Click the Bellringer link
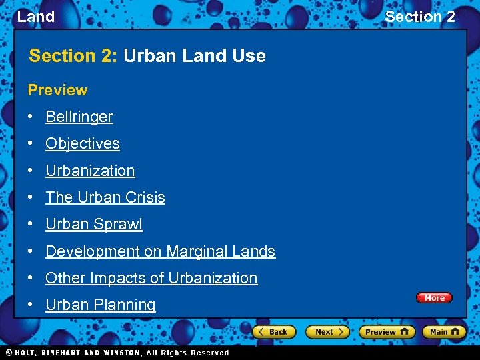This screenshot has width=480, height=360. tap(79, 117)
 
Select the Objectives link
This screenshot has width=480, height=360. tap(82, 143)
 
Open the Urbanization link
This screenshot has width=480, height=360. tap(90, 171)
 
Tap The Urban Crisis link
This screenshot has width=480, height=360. tap(105, 197)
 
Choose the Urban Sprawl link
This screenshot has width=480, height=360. tap(93, 224)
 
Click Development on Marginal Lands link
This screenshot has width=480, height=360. tap(160, 251)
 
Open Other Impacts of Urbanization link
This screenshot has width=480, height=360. tap(151, 278)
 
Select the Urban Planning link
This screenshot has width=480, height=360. tap(100, 305)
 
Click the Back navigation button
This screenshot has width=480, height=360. tap(274, 331)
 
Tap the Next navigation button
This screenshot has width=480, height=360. tap(327, 331)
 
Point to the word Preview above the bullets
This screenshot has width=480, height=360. tap(57, 90)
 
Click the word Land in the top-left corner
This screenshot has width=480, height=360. tap(35, 17)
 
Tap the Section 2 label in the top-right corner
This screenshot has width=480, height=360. tap(420, 17)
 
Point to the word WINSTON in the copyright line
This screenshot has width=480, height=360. tap(122, 353)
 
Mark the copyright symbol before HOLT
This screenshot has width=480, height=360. tap(9, 353)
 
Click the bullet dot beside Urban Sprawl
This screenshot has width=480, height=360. tap(31, 224)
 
